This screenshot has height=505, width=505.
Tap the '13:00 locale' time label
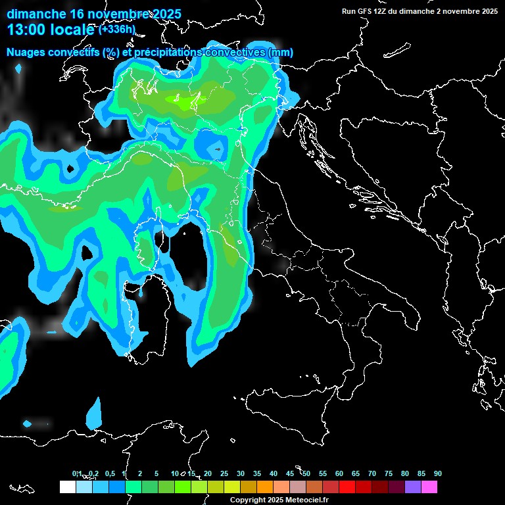click(x=51, y=30)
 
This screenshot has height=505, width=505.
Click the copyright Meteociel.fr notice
click(x=279, y=500)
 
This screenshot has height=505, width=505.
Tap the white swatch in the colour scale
click(x=67, y=487)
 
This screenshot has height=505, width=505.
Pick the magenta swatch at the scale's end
click(x=429, y=487)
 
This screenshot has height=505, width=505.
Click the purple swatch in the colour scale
click(x=413, y=487)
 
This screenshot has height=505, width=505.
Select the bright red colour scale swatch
click(x=347, y=487)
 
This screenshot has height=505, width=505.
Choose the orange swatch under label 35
click(x=265, y=487)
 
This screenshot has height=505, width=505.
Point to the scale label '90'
click(x=438, y=473)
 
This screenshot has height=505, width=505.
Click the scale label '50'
click(x=306, y=473)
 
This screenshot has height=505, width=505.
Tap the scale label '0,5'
click(x=109, y=473)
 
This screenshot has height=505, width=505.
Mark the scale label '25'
click(x=224, y=473)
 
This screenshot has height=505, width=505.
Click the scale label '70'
click(x=372, y=473)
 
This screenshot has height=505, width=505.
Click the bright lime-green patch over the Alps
click(x=183, y=100)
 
